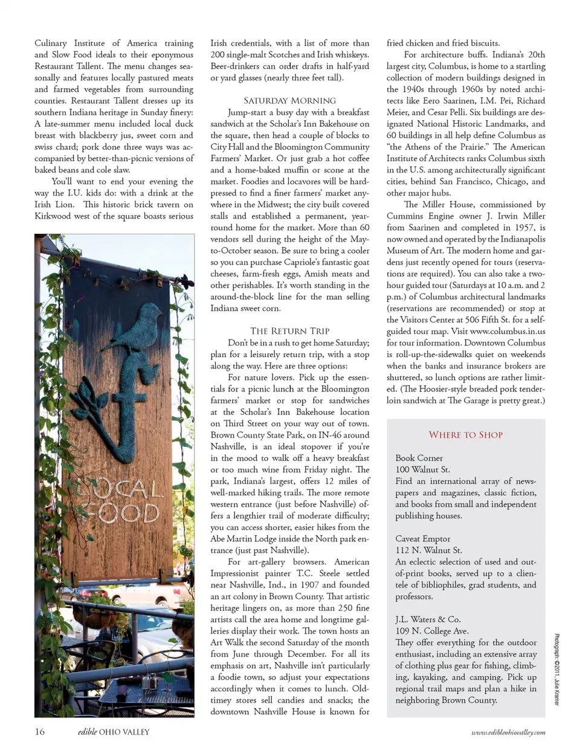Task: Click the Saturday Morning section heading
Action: coord(289,101)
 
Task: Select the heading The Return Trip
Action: coord(290,331)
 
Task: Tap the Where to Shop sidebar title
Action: coord(465,435)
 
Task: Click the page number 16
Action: coord(39,731)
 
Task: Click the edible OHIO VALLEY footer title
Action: coord(114,732)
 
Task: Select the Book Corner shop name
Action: coord(419,458)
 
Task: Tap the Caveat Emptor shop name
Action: coord(423,539)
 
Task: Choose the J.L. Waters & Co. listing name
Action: coord(428,620)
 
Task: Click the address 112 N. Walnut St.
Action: coord(428,550)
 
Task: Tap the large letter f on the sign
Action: coord(121,417)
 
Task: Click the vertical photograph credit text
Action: coord(556,669)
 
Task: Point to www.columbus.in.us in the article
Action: coord(507,331)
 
